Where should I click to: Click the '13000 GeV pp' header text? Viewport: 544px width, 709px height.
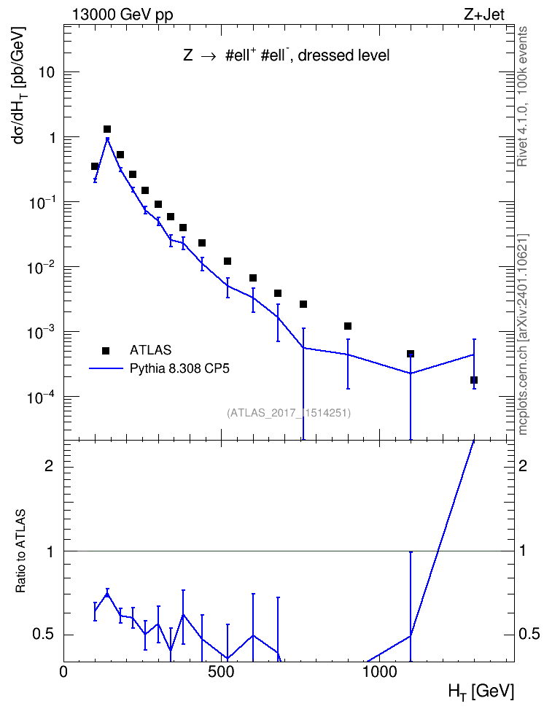coord(122,15)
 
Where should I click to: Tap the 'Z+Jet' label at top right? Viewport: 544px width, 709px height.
coord(483,15)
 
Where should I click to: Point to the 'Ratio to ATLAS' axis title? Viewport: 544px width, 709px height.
coord(20,551)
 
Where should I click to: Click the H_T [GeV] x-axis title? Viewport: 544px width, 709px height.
coord(481,691)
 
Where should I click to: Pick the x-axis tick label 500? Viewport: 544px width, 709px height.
coord(221,672)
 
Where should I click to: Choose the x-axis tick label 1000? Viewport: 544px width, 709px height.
coord(379,672)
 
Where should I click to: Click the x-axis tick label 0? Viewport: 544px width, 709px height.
coord(63,672)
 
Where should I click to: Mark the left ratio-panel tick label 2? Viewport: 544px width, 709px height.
coord(50,465)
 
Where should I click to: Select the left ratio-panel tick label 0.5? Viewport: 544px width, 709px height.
coord(44,635)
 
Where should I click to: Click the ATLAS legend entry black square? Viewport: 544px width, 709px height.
coord(106,350)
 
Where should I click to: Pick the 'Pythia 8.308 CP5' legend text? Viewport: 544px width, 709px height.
coord(179,368)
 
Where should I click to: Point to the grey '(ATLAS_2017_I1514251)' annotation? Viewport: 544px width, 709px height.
coord(289,413)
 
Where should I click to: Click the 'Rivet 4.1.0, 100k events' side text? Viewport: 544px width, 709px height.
coord(522,96)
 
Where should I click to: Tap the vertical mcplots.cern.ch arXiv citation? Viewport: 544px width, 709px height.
coord(523,335)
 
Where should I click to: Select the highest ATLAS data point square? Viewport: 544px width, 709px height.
coord(107,129)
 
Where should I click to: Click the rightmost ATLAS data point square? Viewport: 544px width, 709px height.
coord(474,380)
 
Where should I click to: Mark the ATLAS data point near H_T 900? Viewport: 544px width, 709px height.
coord(348,326)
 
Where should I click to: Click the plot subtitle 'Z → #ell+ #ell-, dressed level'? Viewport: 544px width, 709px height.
coord(287,55)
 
